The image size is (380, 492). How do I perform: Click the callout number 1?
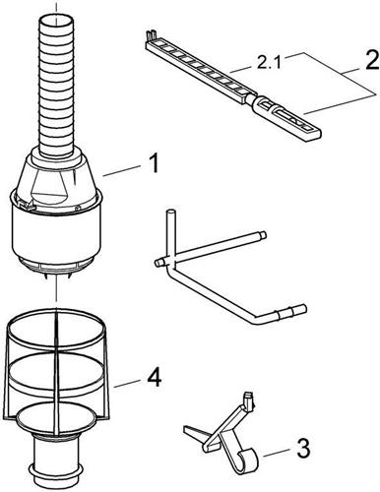tap(151, 163)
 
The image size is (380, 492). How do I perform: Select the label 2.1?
tap(268, 62)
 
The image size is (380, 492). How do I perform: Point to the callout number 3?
tap(302, 449)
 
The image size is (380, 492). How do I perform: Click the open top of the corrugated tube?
tap(56, 22)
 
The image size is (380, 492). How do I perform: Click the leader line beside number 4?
tap(128, 384)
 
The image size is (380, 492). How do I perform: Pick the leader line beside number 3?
tap(277, 453)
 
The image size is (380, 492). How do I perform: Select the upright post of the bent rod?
tap(170, 234)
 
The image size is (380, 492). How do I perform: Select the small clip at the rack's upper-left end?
tap(152, 35)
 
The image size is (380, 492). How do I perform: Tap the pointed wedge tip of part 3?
tap(186, 428)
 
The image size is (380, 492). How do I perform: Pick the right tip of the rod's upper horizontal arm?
tap(263, 235)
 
